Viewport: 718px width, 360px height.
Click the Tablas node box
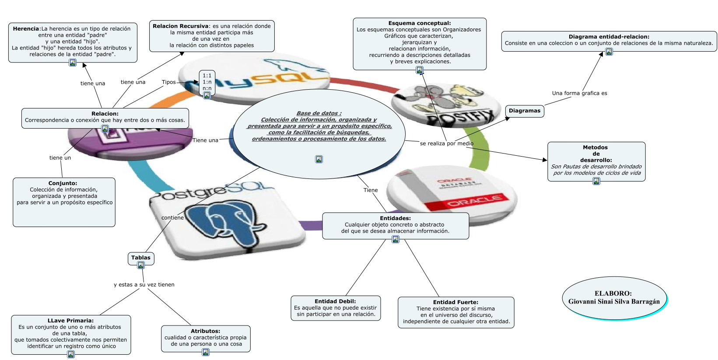[140, 258]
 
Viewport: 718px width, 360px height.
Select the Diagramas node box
[525, 111]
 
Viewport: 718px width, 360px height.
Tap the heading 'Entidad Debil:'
[335, 301]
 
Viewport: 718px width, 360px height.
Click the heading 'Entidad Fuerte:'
[455, 302]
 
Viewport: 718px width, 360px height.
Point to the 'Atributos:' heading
[205, 331]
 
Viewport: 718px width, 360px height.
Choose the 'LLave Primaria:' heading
[70, 321]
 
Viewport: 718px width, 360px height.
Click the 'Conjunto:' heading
[63, 183]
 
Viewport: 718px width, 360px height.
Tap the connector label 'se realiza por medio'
[446, 143]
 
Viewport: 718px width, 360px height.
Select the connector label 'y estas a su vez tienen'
[144, 285]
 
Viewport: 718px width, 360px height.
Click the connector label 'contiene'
[172, 218]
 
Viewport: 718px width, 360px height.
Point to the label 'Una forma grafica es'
[579, 93]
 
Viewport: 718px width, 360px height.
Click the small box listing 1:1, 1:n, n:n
[207, 82]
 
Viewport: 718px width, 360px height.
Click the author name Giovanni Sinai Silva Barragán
[614, 301]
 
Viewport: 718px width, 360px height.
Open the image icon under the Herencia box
[73, 63]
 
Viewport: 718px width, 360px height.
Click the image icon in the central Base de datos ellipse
[319, 159]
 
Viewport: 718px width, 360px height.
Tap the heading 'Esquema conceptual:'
[419, 23]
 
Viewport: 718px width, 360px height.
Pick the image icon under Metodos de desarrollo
[596, 181]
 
